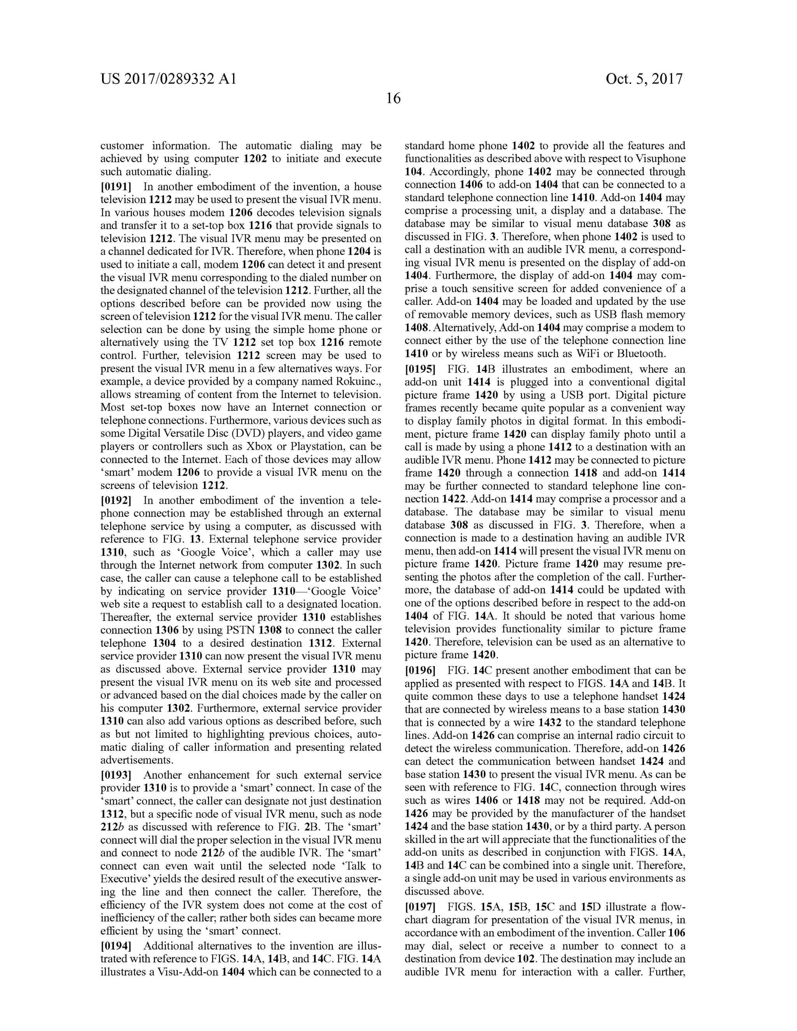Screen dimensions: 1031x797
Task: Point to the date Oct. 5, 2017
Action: coord(644,79)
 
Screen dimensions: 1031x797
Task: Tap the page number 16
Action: coord(393,99)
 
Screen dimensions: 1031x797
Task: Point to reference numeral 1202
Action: coord(255,159)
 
